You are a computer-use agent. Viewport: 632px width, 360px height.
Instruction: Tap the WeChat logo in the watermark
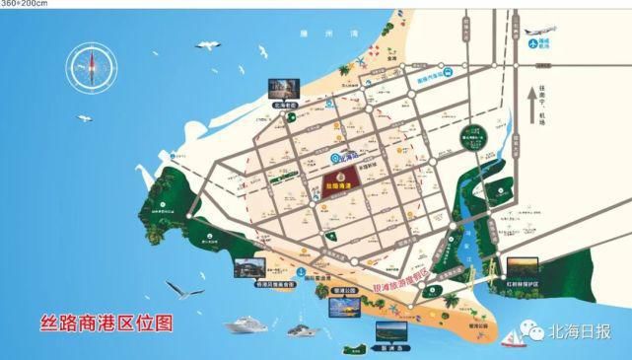538,333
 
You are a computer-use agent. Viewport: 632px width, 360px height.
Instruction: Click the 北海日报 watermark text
586,333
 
